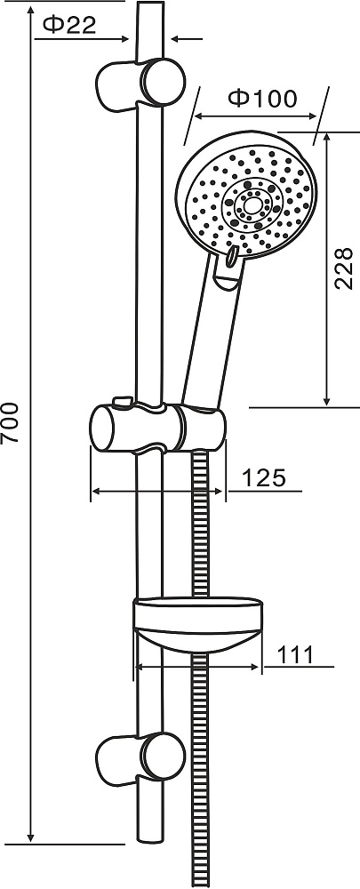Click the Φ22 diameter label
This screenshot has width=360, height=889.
(x=69, y=25)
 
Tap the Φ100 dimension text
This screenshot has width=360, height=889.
(x=262, y=99)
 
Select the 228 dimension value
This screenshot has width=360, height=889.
(x=344, y=268)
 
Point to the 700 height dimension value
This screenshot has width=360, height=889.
(x=10, y=422)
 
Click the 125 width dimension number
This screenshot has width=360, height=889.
(x=264, y=478)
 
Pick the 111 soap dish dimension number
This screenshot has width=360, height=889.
(x=295, y=655)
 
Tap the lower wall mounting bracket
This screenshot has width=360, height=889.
(x=140, y=759)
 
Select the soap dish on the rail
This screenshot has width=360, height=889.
(x=198, y=624)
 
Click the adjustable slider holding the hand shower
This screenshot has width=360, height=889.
(x=158, y=428)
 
